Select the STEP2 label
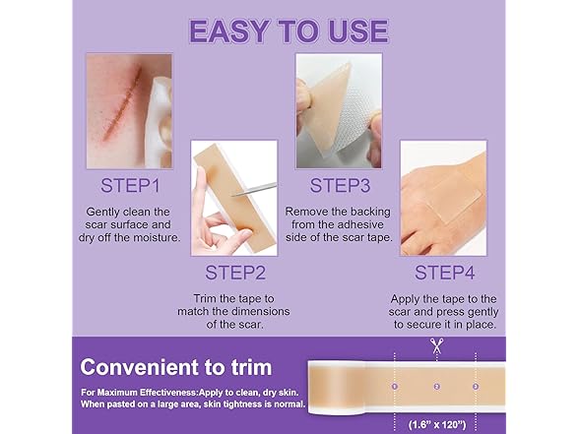click(x=235, y=271)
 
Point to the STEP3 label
click(x=340, y=184)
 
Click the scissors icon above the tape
click(x=435, y=346)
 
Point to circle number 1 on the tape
click(x=395, y=387)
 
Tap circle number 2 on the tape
click(x=435, y=387)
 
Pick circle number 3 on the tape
click(x=476, y=387)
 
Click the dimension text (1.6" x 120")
click(x=436, y=424)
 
